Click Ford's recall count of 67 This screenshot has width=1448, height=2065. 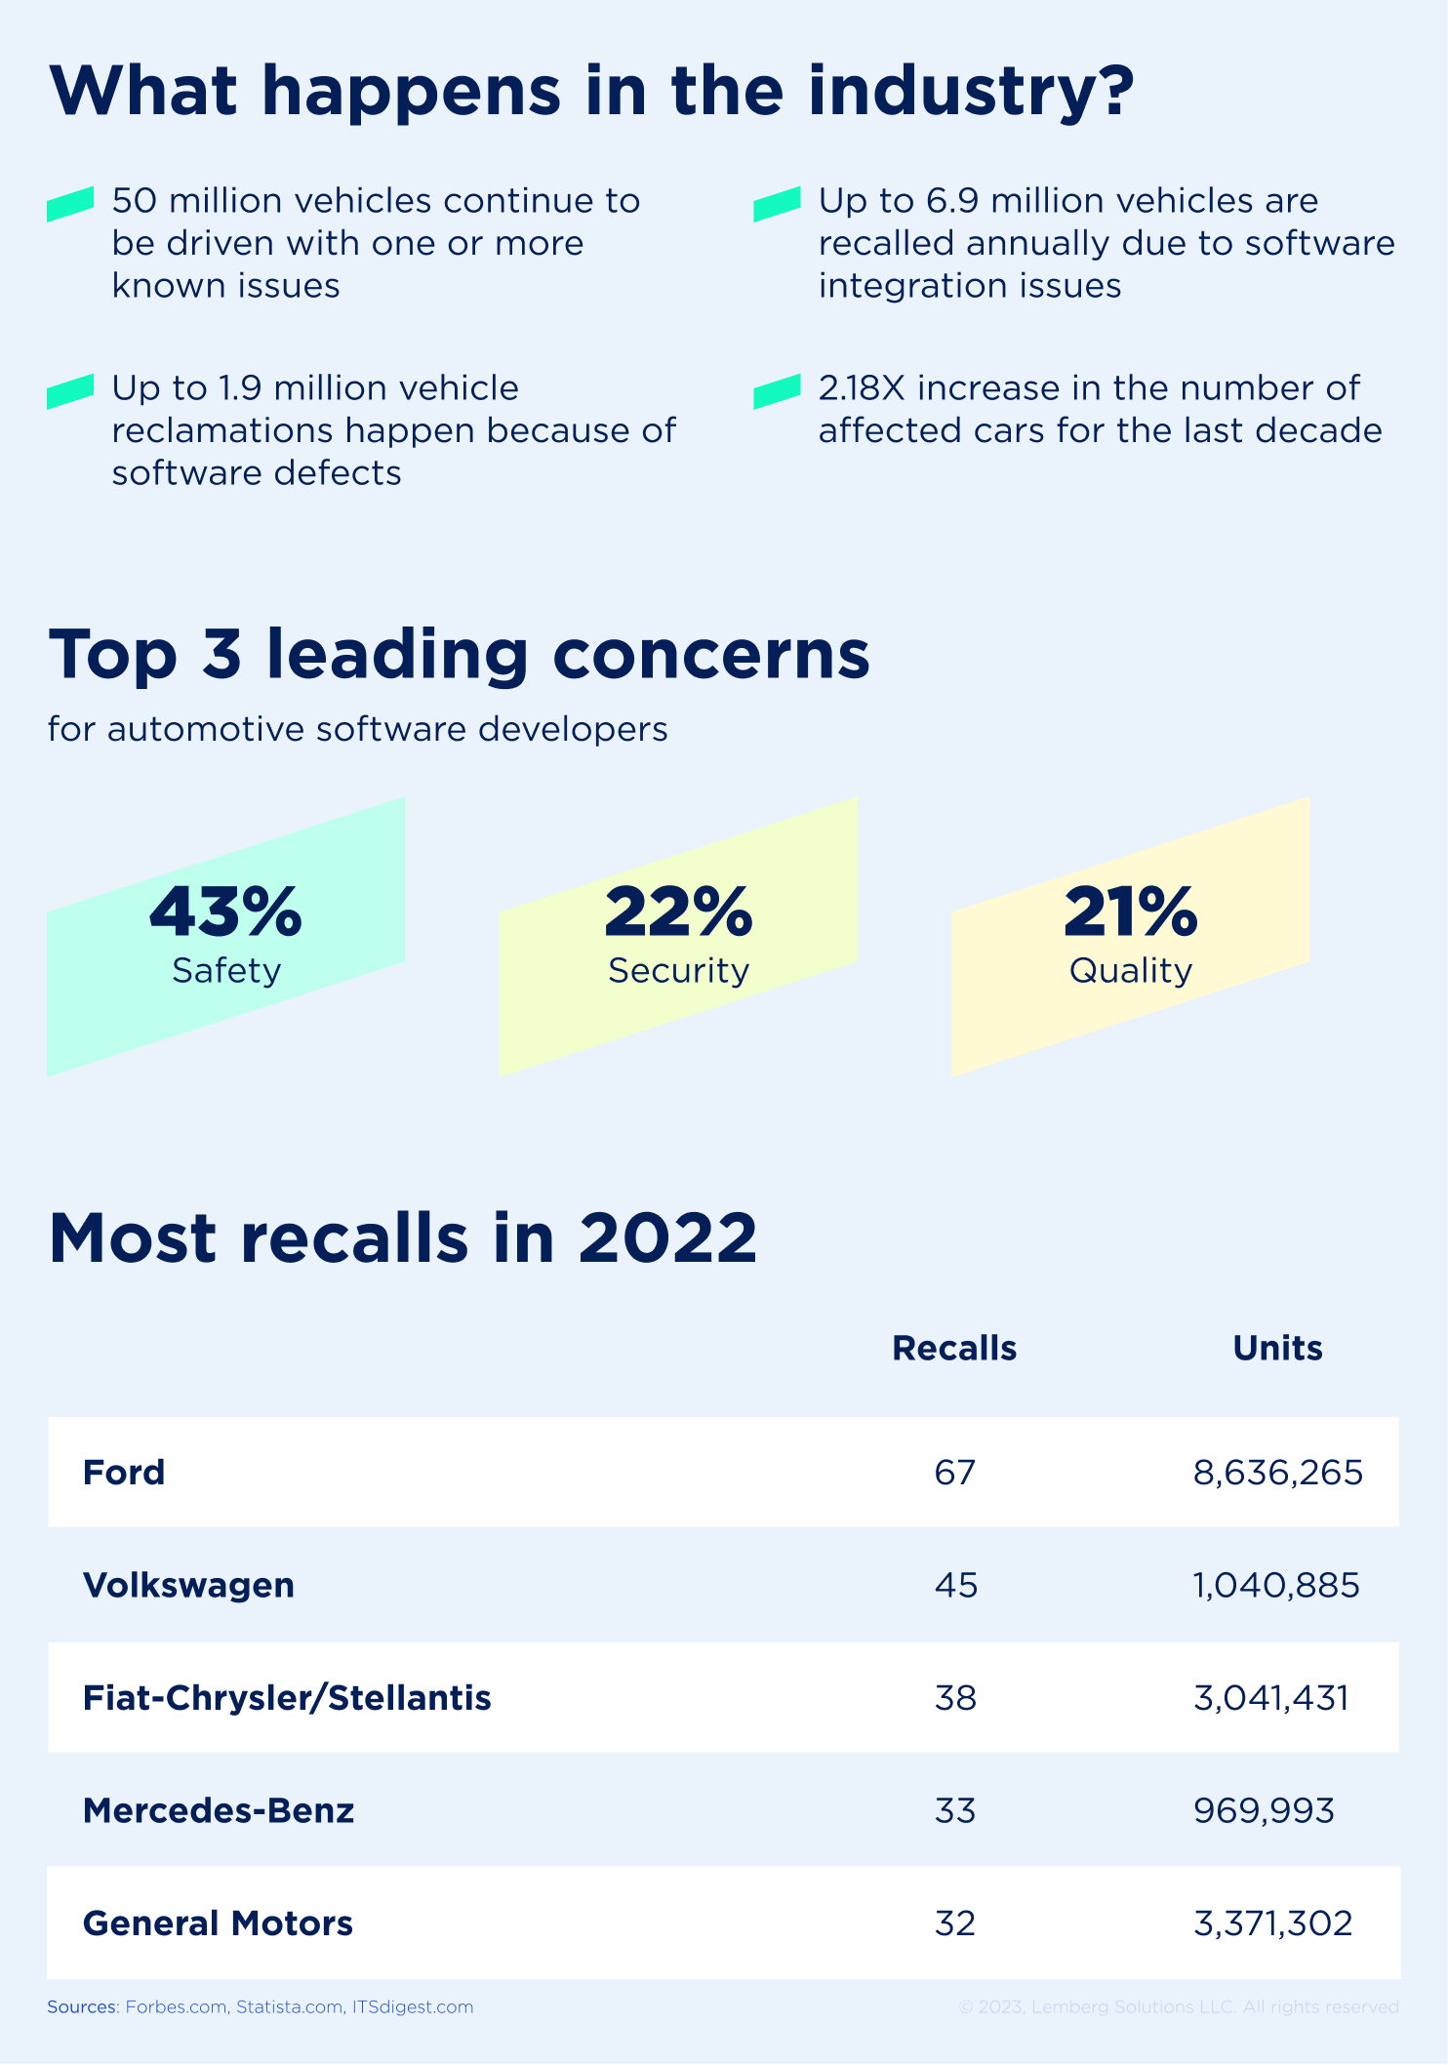(x=954, y=1472)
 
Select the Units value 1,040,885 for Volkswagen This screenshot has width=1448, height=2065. (x=1275, y=1585)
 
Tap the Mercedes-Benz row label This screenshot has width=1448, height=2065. (x=219, y=1810)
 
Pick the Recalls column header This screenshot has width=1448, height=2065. (x=954, y=1348)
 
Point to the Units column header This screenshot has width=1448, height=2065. (x=1277, y=1348)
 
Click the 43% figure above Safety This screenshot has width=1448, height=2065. (x=226, y=911)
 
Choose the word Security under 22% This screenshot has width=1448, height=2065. (x=678, y=970)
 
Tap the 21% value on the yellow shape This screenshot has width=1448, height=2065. (x=1130, y=911)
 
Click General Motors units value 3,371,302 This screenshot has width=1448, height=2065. (x=1272, y=1923)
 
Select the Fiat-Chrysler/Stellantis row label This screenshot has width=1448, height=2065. (x=287, y=1698)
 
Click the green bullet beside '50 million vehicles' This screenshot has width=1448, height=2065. (x=70, y=204)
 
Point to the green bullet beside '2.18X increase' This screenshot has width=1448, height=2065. (x=777, y=391)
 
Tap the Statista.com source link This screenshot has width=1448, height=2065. (x=290, y=2006)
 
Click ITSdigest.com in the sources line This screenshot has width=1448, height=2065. (x=413, y=2006)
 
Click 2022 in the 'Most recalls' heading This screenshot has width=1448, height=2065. (x=667, y=1237)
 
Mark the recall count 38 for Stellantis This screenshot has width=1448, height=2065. (x=954, y=1698)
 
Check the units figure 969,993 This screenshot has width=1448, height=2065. (x=1264, y=1810)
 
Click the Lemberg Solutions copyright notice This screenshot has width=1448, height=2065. (x=1178, y=2006)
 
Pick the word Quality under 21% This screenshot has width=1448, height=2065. (x=1130, y=970)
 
